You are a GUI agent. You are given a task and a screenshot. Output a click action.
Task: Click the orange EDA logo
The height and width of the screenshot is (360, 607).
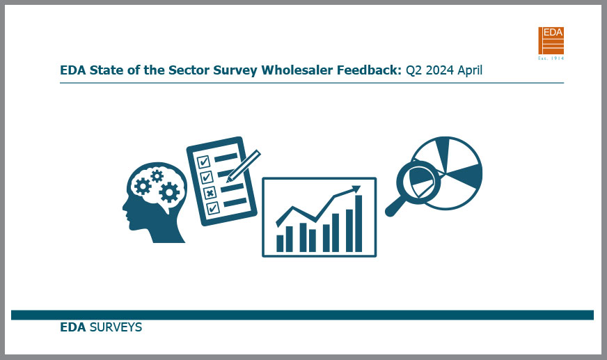pyautogui.click(x=551, y=40)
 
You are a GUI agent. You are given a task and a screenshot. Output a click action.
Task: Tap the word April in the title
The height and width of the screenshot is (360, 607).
pyautogui.click(x=470, y=71)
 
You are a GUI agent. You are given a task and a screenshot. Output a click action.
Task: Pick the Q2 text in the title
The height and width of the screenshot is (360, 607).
pyautogui.click(x=413, y=71)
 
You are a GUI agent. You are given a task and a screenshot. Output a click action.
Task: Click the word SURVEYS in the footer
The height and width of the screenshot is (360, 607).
pyautogui.click(x=116, y=327)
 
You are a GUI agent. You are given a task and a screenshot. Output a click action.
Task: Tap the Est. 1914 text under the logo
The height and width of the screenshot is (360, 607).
pyautogui.click(x=551, y=58)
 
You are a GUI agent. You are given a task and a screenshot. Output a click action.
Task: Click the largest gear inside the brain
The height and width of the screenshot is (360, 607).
pyautogui.click(x=169, y=192)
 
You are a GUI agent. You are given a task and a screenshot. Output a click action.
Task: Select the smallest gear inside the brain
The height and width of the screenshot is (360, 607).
pyautogui.click(x=157, y=176)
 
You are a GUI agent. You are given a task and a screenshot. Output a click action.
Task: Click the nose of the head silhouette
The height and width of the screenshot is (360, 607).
pyautogui.click(x=125, y=208)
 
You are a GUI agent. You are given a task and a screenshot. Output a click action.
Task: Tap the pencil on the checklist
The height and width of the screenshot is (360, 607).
pyautogui.click(x=243, y=166)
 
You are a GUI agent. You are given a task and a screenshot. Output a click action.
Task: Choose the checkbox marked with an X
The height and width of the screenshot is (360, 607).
pyautogui.click(x=210, y=192)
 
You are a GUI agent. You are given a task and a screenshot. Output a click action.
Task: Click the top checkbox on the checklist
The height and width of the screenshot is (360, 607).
pyautogui.click(x=203, y=162)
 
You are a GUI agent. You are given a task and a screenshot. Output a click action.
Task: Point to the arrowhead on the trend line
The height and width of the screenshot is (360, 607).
pyautogui.click(x=356, y=189)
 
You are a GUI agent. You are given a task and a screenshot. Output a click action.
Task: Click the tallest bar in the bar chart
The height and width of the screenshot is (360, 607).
pyautogui.click(x=358, y=224)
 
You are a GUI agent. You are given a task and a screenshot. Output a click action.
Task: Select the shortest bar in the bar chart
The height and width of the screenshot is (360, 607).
pyautogui.click(x=280, y=244)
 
